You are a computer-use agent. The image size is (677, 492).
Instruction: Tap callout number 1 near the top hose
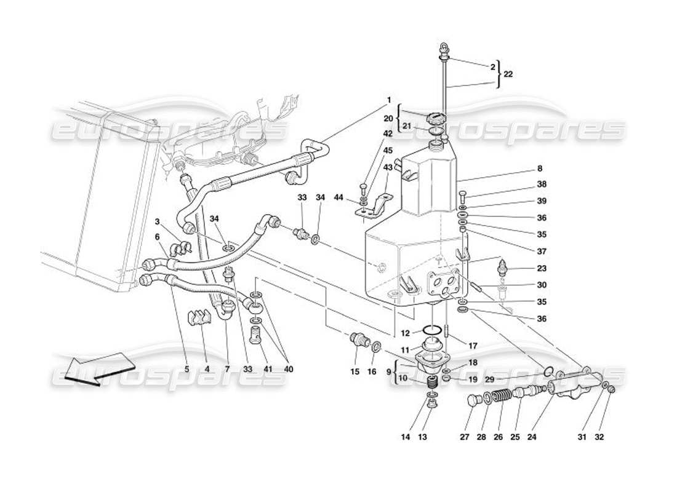[388, 100]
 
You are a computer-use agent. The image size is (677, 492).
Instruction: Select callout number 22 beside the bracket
[508, 74]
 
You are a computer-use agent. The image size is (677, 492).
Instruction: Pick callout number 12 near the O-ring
[406, 333]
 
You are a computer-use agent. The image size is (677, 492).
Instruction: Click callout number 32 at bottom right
[599, 437]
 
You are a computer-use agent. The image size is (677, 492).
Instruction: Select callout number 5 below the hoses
[187, 370]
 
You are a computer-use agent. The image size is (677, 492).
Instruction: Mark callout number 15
[355, 371]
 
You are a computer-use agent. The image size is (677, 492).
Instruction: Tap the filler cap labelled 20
[435, 116]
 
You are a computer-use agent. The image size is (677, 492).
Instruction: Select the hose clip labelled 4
[199, 320]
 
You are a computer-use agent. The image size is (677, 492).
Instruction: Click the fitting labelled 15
[358, 339]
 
